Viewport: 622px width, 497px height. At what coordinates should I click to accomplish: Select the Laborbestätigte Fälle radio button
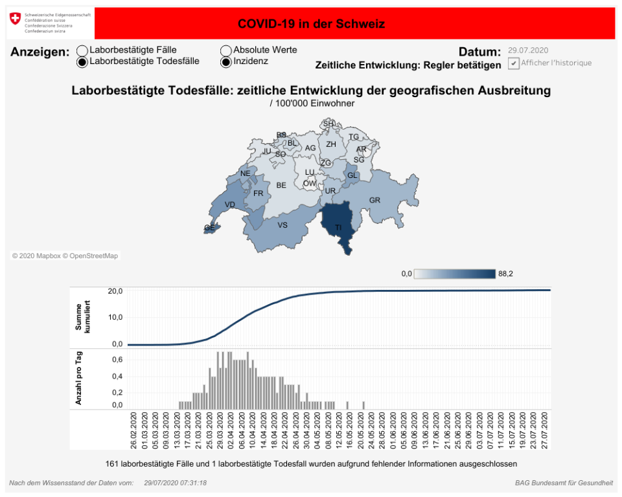82,50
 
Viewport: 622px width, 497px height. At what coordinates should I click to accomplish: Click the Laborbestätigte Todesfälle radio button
82,62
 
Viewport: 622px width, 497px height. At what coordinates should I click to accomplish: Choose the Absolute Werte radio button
226,50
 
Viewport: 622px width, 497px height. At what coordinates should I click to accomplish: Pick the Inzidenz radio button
226,62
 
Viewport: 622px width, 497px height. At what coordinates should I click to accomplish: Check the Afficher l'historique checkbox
513,63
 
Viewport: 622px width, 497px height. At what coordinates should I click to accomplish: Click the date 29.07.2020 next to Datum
529,50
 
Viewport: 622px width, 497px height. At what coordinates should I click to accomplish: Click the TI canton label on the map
338,228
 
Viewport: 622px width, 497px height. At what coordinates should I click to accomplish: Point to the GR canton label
374,200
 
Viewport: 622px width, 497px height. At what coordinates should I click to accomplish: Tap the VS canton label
282,225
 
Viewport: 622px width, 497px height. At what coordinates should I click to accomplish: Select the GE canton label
209,228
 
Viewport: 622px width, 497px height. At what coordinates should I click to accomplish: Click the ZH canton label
331,144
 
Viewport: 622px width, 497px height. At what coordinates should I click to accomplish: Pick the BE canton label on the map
281,185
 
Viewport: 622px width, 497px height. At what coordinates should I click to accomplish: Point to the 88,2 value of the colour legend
505,274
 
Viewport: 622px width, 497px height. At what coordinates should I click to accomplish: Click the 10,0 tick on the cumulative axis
115,317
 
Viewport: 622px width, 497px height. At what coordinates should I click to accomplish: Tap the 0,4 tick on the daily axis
117,376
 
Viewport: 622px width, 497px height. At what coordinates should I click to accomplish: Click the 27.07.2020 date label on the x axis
546,428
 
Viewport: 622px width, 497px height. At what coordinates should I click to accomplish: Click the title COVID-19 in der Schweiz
311,24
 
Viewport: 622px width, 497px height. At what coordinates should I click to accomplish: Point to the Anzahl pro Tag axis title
79,379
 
